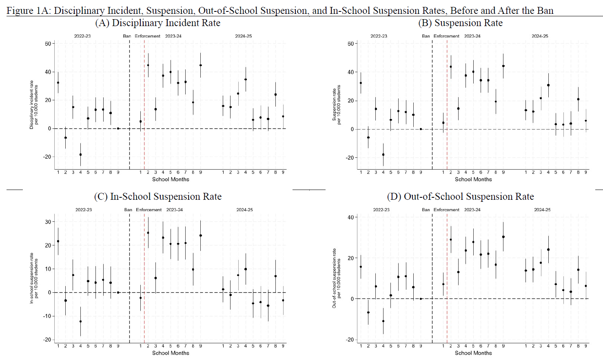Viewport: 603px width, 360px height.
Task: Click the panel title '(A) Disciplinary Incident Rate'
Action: (x=157, y=23)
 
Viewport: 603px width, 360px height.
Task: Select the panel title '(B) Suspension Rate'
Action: (x=460, y=23)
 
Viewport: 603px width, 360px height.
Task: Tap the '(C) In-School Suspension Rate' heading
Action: (x=157, y=197)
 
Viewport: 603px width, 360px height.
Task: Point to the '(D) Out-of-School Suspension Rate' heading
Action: (x=460, y=197)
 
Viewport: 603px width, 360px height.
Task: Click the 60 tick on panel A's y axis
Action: (x=48, y=44)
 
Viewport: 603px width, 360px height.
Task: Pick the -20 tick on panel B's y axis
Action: (x=350, y=158)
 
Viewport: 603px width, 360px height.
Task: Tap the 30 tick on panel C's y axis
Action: (x=48, y=222)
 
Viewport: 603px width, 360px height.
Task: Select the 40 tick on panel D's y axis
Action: (x=350, y=217)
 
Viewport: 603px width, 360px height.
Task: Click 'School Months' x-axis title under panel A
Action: (x=171, y=179)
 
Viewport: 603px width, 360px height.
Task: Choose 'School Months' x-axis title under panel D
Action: (x=473, y=353)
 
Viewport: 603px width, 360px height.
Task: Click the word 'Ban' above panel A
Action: (x=127, y=36)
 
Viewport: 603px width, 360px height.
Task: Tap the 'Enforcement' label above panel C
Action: (x=149, y=210)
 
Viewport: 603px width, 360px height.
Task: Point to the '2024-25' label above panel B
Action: (x=540, y=36)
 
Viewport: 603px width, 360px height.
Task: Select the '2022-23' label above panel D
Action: (x=381, y=210)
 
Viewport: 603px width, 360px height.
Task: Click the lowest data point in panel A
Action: (x=80, y=155)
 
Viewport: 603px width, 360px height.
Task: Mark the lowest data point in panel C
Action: (x=80, y=321)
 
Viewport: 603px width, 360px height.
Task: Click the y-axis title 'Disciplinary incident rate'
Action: (x=31, y=105)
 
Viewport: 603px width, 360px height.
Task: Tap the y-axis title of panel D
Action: (x=334, y=278)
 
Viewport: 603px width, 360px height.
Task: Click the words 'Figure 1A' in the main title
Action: (x=27, y=11)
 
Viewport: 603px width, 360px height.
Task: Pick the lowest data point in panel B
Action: (x=383, y=155)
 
